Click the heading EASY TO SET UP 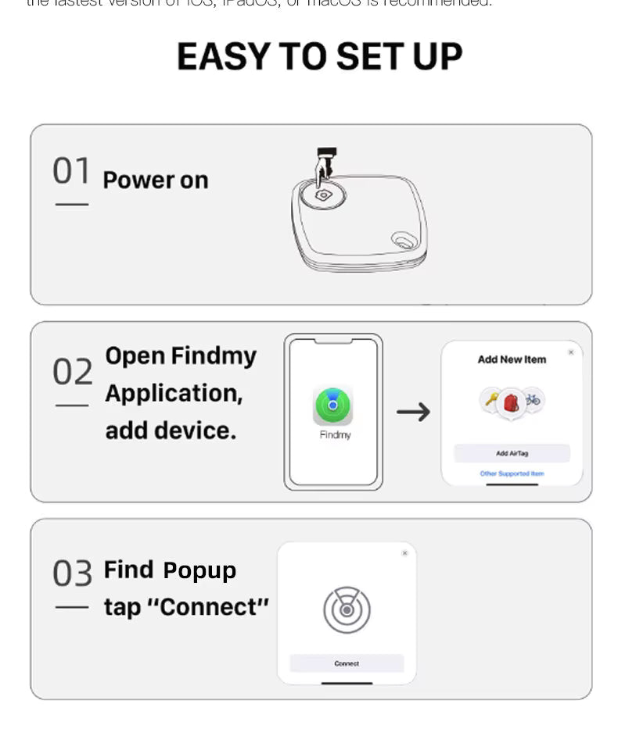[319, 57]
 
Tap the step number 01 [71, 171]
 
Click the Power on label [156, 180]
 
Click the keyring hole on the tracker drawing [404, 240]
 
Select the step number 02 [72, 372]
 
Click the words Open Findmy [181, 356]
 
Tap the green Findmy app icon [333, 406]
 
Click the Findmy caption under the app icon [335, 435]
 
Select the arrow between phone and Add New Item [413, 412]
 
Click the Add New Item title [512, 359]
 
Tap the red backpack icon [512, 402]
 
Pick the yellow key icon [491, 400]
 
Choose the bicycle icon [534, 399]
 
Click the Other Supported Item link [512, 473]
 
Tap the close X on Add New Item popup [570, 352]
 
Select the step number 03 [72, 573]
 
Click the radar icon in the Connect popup [347, 610]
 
